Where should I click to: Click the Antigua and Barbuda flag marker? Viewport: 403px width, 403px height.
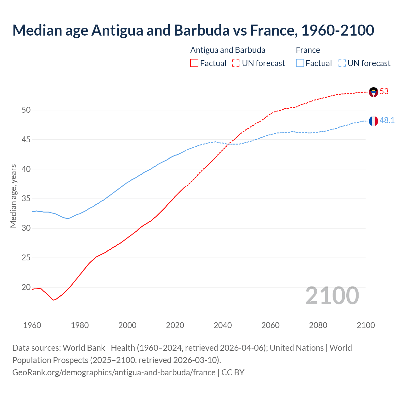(373, 92)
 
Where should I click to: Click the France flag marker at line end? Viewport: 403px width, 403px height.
(373, 121)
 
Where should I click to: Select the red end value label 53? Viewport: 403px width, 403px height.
(384, 92)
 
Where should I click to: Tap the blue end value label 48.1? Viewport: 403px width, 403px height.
(387, 121)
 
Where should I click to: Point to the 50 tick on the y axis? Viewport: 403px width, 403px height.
(26, 110)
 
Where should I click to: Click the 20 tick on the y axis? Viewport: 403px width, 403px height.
(26, 287)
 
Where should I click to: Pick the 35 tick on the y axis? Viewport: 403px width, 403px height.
(26, 199)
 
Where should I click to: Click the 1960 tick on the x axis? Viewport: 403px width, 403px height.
(32, 325)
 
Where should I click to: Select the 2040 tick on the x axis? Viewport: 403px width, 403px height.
(223, 325)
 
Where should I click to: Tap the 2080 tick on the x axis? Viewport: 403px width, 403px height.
(318, 325)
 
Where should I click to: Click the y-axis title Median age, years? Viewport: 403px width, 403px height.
(13, 196)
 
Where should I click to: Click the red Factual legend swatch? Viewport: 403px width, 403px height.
(194, 63)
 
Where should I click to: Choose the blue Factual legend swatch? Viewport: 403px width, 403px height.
(300, 63)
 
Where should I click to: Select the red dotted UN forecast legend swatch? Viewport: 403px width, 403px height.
(236, 63)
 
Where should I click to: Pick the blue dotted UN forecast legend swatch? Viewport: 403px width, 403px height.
(342, 63)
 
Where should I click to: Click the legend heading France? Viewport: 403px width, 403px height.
(308, 50)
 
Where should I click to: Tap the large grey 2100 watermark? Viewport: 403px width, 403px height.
(332, 296)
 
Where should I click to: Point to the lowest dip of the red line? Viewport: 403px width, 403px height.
(54, 300)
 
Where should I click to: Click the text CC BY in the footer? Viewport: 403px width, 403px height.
(233, 372)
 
